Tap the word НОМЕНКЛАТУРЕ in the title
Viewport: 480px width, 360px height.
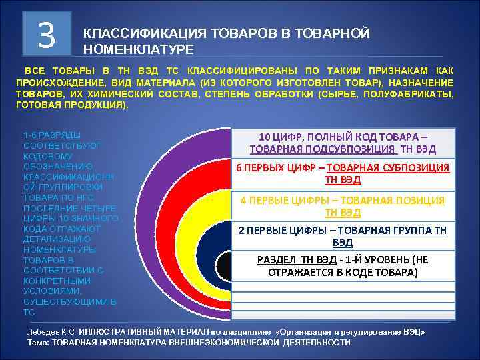[138, 49]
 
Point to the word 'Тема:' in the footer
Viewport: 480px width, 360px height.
[39, 342]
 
